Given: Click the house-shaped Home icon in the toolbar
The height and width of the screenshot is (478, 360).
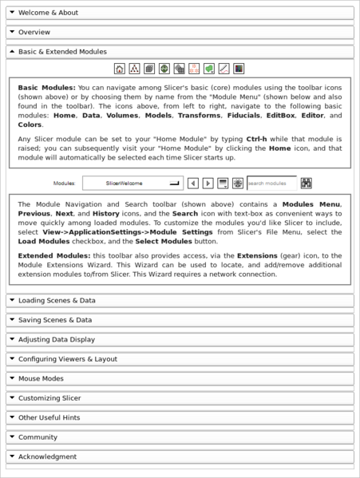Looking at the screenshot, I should click(120, 69).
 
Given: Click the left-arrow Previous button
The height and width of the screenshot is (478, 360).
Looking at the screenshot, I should click(193, 183).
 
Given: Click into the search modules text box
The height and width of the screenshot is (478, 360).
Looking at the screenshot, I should click(271, 183).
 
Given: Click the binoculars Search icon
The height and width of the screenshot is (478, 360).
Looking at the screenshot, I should click(307, 183).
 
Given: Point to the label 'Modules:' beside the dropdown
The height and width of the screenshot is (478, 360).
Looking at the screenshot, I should click(64, 183).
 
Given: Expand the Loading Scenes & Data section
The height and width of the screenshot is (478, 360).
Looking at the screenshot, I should click(56, 301).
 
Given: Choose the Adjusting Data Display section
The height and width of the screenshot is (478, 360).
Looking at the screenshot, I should click(56, 339).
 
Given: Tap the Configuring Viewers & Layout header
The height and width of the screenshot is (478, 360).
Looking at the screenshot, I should click(67, 359).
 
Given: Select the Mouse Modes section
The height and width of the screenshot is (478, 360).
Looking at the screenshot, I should click(41, 378).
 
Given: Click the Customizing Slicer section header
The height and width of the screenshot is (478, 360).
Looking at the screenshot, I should click(49, 397).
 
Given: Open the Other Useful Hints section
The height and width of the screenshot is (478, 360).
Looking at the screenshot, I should click(49, 417).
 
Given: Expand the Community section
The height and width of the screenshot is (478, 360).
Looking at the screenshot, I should click(38, 437).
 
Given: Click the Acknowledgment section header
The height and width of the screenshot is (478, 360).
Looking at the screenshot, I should click(47, 456).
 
